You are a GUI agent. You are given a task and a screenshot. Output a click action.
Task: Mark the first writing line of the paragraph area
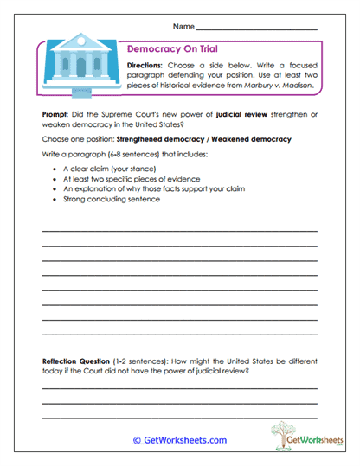click(x=179, y=230)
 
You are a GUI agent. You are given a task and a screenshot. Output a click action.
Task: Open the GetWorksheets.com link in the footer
click(x=179, y=440)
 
